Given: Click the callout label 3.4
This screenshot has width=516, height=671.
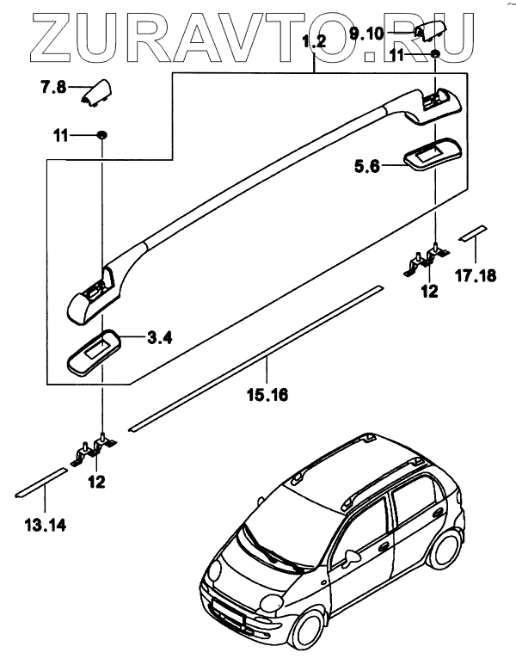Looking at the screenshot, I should tap(159, 338).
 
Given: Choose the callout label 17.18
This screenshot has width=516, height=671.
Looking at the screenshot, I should tap(475, 277).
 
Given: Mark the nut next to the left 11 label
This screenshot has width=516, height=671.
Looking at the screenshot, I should tap(101, 135).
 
